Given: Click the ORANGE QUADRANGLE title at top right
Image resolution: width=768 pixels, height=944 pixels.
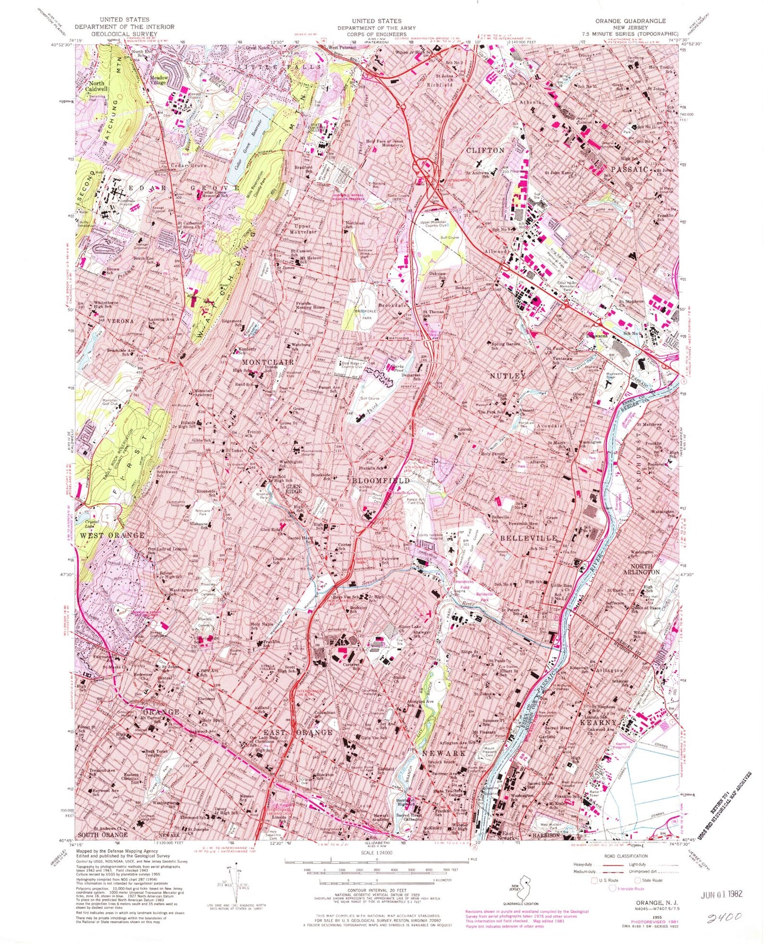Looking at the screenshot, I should [630, 21].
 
